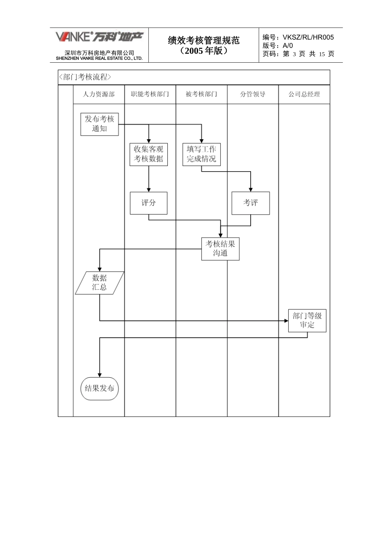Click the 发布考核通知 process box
pyautogui.click(x=99, y=124)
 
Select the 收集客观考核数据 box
pyautogui.click(x=148, y=154)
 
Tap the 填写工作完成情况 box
pyautogui.click(x=201, y=154)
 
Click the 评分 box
pyautogui.click(x=148, y=203)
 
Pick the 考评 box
pyautogui.click(x=250, y=203)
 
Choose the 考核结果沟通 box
pyautogui.click(x=220, y=249)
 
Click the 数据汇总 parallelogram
pyautogui.click(x=99, y=283)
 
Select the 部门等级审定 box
pyautogui.click(x=307, y=321)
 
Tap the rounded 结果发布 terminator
pyautogui.click(x=99, y=388)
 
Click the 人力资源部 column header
pyautogui.click(x=99, y=94)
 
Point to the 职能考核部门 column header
pyautogui.click(x=150, y=94)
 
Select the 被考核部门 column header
pyautogui.click(x=201, y=94)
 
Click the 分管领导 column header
pyautogui.click(x=253, y=94)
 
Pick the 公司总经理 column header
pyautogui.click(x=304, y=94)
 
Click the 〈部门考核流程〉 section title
pyautogui.click(x=85, y=77)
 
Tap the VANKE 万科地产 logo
pyautogui.click(x=99, y=37)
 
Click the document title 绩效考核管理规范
pyautogui.click(x=204, y=40)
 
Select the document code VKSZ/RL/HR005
pyautogui.click(x=308, y=37)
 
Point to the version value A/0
pyautogui.click(x=288, y=46)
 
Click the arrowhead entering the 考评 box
pyautogui.click(x=251, y=189)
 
